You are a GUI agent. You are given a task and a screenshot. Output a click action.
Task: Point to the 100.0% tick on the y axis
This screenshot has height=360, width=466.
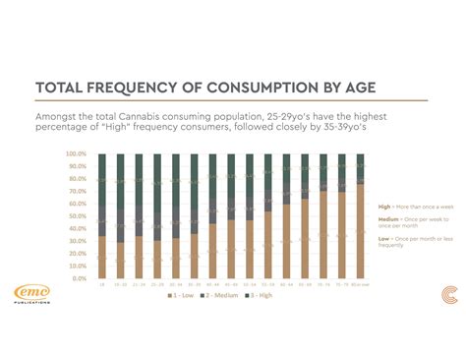(78, 154)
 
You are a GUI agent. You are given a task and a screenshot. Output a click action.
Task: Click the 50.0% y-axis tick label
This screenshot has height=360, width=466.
(79, 216)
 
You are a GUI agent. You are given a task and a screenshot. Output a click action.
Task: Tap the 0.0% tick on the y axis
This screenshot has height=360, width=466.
(81, 278)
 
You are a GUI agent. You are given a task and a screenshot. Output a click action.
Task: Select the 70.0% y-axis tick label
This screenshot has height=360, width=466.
(79, 192)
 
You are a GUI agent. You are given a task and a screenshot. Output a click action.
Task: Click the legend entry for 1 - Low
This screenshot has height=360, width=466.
(184, 295)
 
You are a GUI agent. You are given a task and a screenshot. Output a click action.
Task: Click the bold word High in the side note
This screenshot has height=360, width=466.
(383, 207)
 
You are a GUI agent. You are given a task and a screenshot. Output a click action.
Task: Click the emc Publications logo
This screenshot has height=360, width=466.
(36, 294)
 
